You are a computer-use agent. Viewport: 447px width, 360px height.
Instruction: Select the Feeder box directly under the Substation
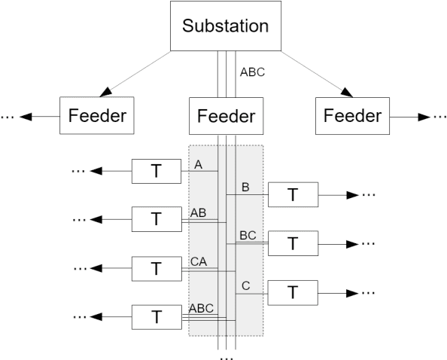(x=227, y=117)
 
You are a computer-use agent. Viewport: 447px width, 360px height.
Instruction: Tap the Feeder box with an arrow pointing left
(x=96, y=117)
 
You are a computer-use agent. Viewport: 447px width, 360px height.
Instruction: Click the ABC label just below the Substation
(x=251, y=73)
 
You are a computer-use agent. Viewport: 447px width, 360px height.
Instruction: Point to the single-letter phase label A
(x=198, y=165)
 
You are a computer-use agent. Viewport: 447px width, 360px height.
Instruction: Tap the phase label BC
(x=248, y=235)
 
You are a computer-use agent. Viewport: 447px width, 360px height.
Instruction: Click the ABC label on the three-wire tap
(x=202, y=309)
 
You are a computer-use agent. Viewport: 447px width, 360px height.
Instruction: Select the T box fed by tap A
(x=156, y=171)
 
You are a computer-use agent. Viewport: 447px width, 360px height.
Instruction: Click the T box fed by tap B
(x=293, y=195)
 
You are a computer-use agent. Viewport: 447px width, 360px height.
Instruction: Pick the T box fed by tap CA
(x=156, y=268)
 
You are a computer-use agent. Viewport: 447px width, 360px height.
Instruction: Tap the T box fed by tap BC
(x=293, y=243)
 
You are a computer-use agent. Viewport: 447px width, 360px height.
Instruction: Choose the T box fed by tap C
(x=293, y=292)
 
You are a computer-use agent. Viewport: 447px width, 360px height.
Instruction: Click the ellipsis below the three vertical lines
(x=227, y=355)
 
